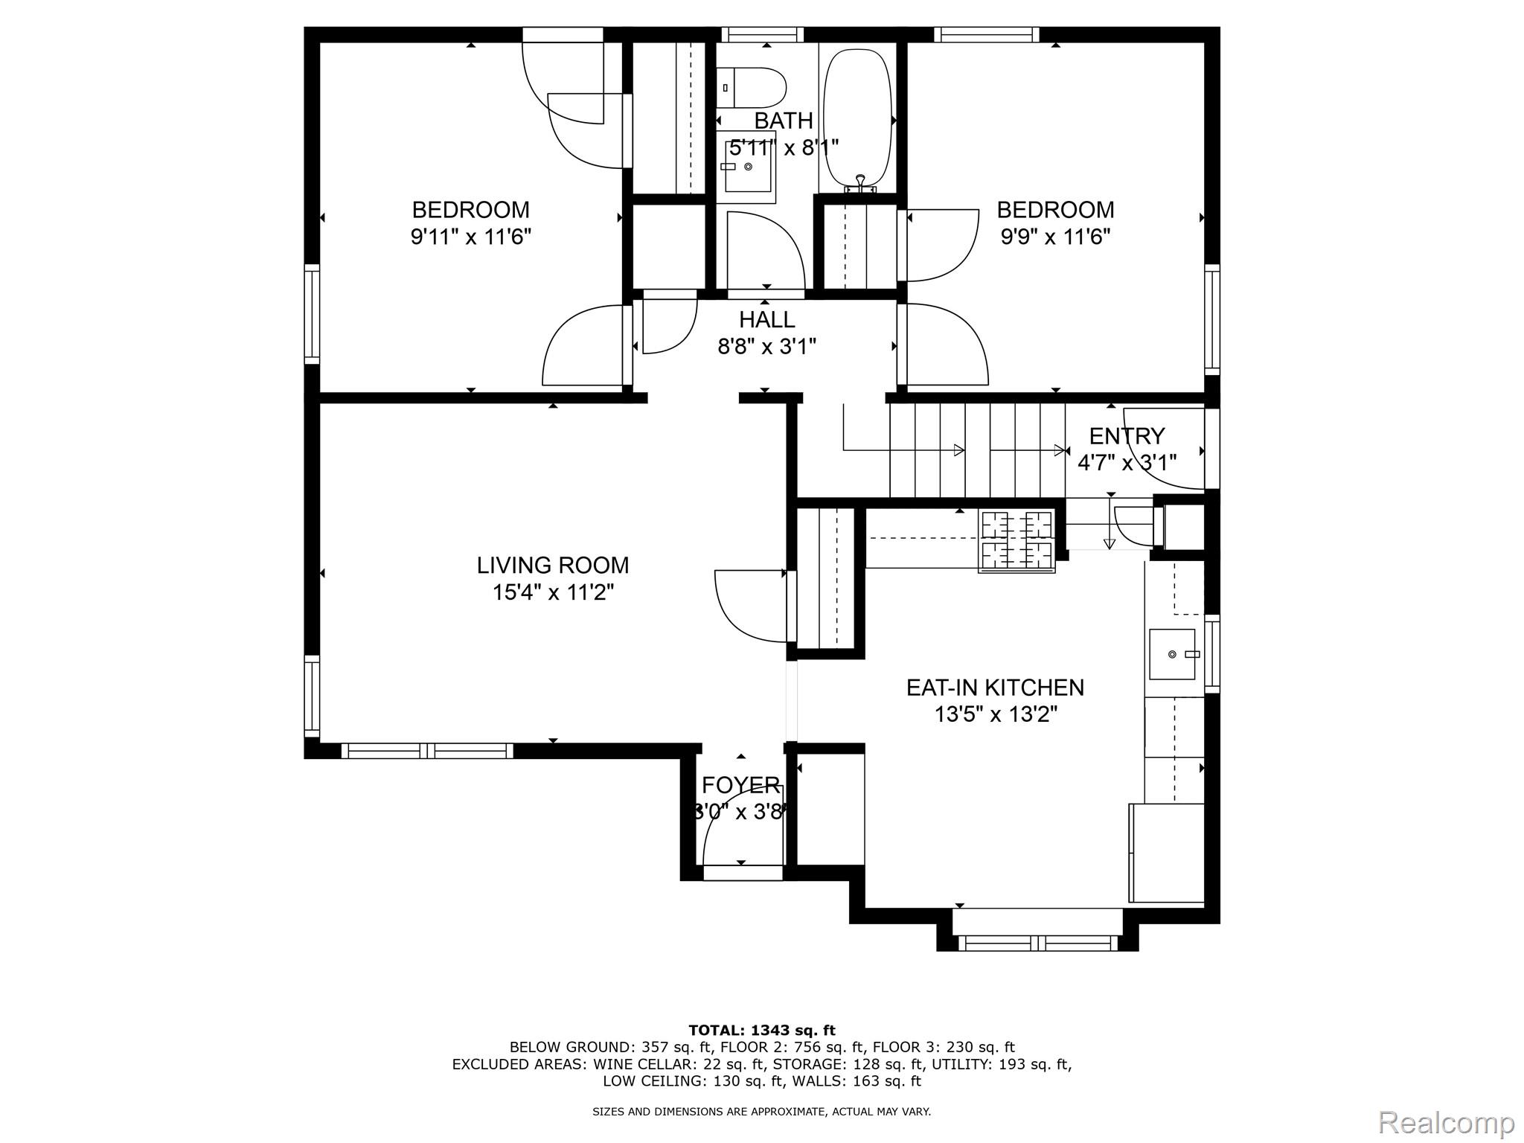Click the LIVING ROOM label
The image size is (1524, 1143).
553,566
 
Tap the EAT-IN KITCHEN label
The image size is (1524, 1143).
995,688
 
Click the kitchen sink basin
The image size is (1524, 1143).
1173,654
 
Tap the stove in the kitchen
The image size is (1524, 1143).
1016,541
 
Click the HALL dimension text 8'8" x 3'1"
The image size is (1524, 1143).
766,347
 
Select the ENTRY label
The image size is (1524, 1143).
1127,435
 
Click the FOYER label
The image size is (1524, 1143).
741,785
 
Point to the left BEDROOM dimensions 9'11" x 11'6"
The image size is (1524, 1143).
470,237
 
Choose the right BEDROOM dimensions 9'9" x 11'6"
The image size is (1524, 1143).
1055,237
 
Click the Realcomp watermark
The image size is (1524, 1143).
1447,1122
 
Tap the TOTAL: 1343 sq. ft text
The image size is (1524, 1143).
762,1031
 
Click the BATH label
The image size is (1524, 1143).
784,121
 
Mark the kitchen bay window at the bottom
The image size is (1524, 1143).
1037,943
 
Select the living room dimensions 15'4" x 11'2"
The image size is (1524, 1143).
553,593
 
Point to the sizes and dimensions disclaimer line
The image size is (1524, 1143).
761,1112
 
